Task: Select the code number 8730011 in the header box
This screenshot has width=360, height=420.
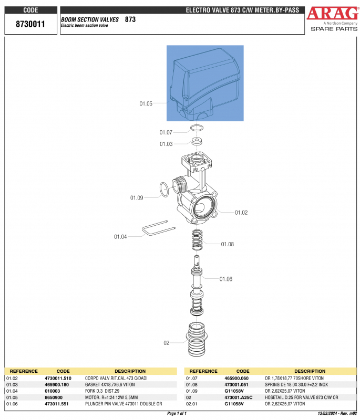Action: click(x=30, y=25)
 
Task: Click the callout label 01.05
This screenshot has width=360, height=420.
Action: click(x=146, y=104)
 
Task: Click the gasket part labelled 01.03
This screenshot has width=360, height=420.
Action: click(x=198, y=142)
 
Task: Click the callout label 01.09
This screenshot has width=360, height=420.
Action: click(x=137, y=198)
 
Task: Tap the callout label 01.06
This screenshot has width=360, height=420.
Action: click(x=225, y=279)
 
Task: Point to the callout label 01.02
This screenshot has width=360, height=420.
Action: click(x=241, y=213)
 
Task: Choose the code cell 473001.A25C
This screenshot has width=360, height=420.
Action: click(x=239, y=397)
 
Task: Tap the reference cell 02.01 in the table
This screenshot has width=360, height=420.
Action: click(x=192, y=404)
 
